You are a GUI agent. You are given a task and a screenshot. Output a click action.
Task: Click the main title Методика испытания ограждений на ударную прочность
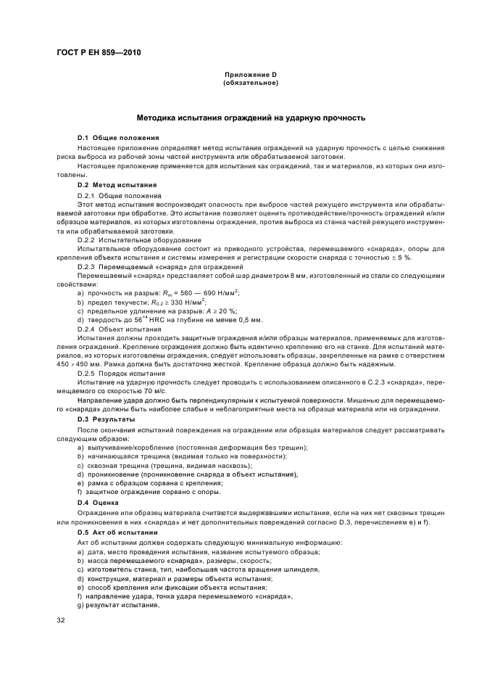point(251,117)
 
